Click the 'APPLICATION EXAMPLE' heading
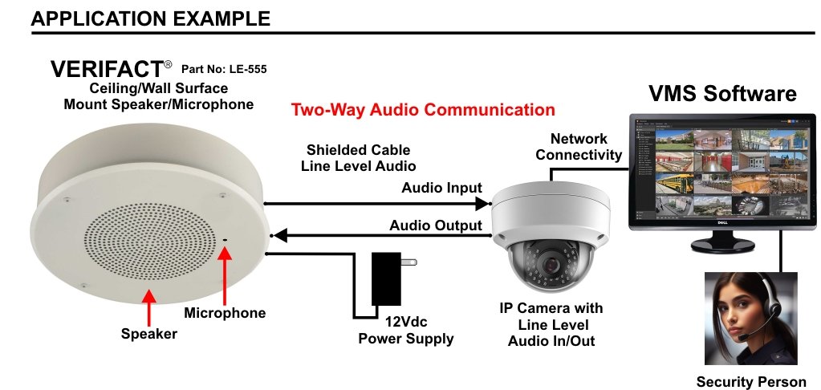(150, 17)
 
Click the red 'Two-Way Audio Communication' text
(423, 109)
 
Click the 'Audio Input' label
(441, 188)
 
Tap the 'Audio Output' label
(436, 225)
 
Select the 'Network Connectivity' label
(579, 147)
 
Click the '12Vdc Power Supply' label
(405, 331)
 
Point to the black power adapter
(387, 278)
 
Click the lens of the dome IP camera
(551, 263)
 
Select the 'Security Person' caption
(750, 381)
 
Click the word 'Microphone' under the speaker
(225, 312)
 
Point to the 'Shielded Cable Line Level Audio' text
(358, 158)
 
